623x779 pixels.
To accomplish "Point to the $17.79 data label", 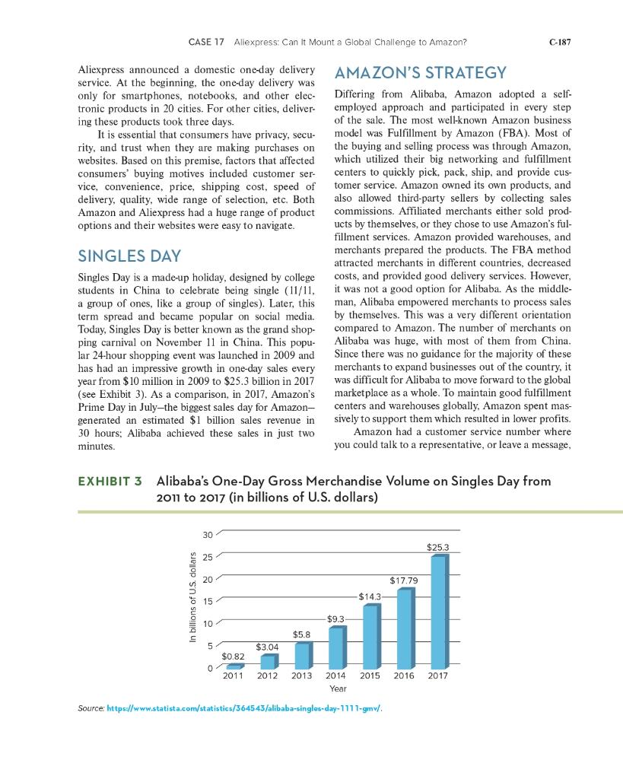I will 403,580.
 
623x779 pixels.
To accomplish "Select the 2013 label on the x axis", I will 302,676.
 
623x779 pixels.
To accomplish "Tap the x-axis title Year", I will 339,688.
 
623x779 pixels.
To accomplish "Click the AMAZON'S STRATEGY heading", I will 420,72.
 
